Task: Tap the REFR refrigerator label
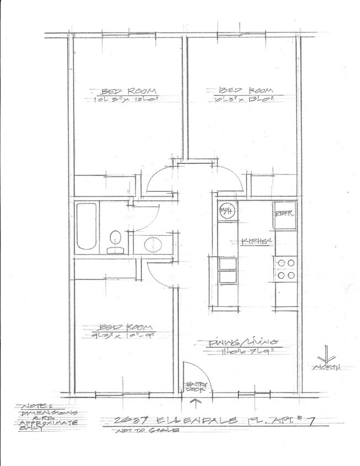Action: pos(284,210)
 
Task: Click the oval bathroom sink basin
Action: pos(152,243)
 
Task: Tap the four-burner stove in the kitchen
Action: pos(285,268)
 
